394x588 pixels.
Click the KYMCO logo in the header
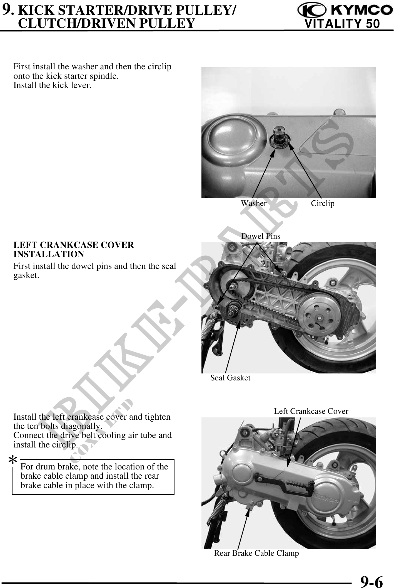coord(343,11)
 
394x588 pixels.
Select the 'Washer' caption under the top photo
coord(254,203)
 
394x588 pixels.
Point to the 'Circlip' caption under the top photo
coord(323,203)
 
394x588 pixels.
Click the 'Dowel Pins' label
coord(261,236)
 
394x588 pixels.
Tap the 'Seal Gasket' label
coord(230,378)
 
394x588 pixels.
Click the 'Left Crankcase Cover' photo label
coord(311,411)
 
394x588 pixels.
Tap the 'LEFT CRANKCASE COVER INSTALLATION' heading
coord(74,250)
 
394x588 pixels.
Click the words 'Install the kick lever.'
coord(53,85)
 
